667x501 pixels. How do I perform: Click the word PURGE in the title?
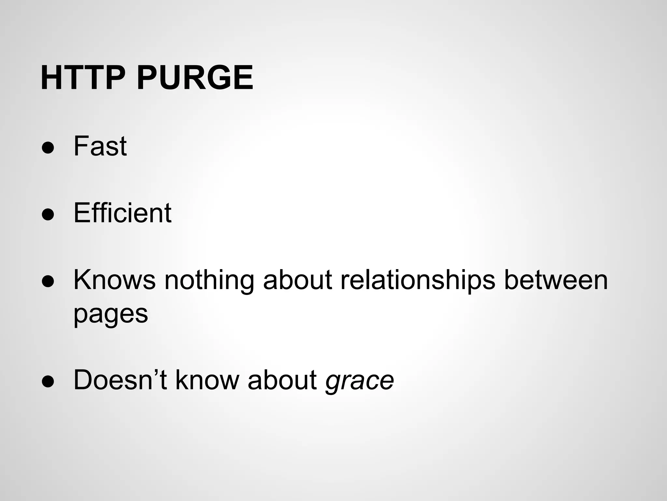click(x=195, y=78)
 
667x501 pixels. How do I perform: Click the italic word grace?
click(x=360, y=380)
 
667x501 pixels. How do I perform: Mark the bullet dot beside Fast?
click(x=48, y=147)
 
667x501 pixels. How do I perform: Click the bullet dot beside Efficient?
click(x=48, y=214)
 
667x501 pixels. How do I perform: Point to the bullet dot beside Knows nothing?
click(x=48, y=281)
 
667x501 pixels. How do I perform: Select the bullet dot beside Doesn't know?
click(x=48, y=381)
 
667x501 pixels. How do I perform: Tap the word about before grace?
click(x=282, y=380)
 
